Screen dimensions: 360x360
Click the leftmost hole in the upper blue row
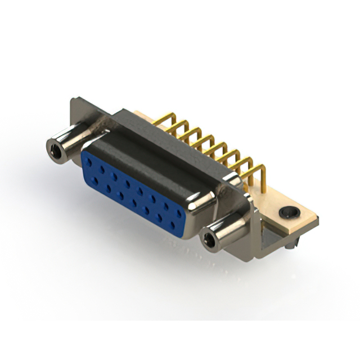tap(89, 162)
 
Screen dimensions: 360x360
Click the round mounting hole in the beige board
tap(291, 213)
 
